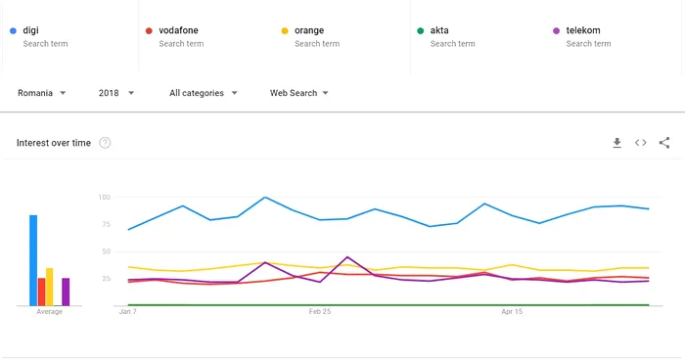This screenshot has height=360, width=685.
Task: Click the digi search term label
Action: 30,30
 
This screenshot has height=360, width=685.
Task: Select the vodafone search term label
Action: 178,30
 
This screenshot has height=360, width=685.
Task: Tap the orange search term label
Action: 309,30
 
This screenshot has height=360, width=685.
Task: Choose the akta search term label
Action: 439,30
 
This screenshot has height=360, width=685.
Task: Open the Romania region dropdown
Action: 42,93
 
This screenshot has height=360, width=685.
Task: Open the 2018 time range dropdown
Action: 116,93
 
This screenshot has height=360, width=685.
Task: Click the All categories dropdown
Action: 204,93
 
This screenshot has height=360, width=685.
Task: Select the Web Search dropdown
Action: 298,93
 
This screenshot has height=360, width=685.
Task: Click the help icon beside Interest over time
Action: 105,143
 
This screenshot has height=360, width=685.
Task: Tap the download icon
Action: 616,143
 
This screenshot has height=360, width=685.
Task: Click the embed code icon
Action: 641,143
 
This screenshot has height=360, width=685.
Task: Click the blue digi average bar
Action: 33,260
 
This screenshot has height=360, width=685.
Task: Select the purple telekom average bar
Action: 66,292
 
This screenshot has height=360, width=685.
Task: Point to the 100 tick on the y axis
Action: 105,198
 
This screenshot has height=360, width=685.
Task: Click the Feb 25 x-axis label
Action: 320,312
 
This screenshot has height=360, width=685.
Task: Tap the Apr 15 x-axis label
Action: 512,312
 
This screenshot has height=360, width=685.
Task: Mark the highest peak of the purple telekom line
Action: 347,257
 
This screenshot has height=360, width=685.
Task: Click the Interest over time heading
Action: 54,143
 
